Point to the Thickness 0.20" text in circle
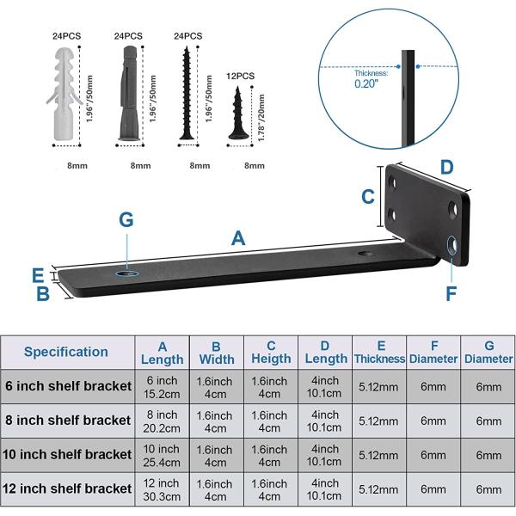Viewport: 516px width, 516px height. [370, 79]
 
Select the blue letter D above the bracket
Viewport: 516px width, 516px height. [446, 167]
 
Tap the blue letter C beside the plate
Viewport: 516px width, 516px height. [368, 196]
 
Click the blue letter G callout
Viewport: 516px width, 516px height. [126, 219]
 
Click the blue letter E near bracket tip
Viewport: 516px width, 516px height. [37, 275]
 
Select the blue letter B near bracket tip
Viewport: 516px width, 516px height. [41, 295]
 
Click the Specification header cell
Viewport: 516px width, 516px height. [66, 352]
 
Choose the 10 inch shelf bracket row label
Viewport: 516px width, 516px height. [68, 454]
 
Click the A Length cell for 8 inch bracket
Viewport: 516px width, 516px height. [162, 421]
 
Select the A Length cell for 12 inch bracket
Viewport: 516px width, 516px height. [162, 488]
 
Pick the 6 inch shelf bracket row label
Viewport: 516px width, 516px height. [68, 386]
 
